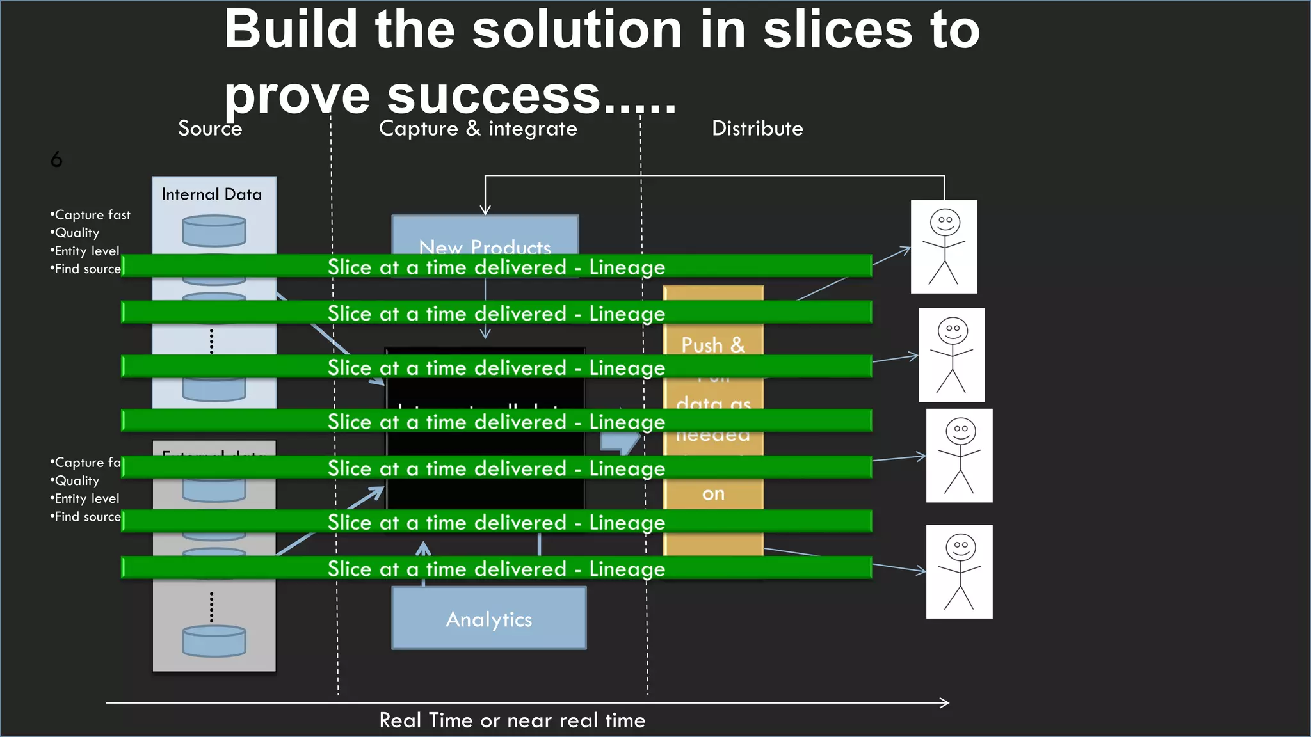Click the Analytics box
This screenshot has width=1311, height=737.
point(489,619)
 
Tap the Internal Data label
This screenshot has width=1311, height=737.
point(212,194)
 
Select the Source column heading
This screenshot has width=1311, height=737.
point(210,129)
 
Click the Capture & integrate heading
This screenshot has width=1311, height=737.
point(478,129)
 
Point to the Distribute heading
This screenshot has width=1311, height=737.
point(757,129)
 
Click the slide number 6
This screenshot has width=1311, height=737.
point(56,159)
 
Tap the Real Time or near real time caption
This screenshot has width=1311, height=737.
point(512,720)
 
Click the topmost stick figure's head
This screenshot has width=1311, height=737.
point(945,222)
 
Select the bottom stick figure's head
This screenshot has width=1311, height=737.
point(960,547)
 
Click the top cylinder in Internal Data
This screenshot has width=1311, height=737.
point(214,230)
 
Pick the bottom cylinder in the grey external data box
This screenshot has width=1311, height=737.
point(214,641)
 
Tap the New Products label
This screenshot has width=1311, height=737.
point(485,246)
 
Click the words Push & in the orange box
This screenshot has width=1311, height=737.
point(713,345)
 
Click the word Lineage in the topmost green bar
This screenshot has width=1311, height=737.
point(627,267)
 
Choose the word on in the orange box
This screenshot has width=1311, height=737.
point(713,494)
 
